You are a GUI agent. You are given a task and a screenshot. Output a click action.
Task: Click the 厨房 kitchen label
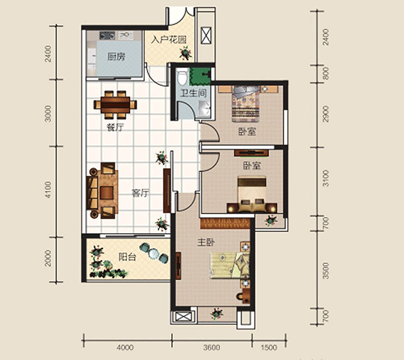tap(116, 56)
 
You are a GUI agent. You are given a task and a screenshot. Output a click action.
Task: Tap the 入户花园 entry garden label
tap(169, 40)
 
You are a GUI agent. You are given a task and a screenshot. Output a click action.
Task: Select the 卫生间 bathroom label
tap(193, 93)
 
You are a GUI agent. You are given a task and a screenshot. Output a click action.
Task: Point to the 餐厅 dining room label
tap(115, 127)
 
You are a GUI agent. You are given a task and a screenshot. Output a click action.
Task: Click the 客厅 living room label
tap(140, 193)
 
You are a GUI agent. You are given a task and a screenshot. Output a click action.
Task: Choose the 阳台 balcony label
tap(127, 257)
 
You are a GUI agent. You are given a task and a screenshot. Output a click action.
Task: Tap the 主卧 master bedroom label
tap(206, 242)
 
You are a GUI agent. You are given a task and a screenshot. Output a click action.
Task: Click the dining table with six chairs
tap(115, 104)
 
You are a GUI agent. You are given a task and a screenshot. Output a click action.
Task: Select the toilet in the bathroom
tap(182, 77)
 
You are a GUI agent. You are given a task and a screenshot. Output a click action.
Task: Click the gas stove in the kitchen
tap(107, 35)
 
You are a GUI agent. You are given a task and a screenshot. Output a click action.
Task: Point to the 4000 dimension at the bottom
tap(125, 348)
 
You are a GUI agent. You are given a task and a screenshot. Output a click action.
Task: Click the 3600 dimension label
tap(212, 348)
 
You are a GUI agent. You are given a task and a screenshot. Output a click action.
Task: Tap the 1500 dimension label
tap(269, 348)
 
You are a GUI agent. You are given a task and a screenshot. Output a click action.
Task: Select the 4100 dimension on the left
tap(48, 190)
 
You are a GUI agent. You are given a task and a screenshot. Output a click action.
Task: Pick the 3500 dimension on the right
tap(326, 271)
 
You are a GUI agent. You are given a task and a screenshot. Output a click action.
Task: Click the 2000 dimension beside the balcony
tap(48, 258)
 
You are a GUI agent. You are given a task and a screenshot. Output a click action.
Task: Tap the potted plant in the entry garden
tap(185, 53)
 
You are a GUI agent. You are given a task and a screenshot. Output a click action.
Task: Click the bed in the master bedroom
tap(230, 266)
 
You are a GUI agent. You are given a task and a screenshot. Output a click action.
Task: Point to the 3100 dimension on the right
tap(326, 178)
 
